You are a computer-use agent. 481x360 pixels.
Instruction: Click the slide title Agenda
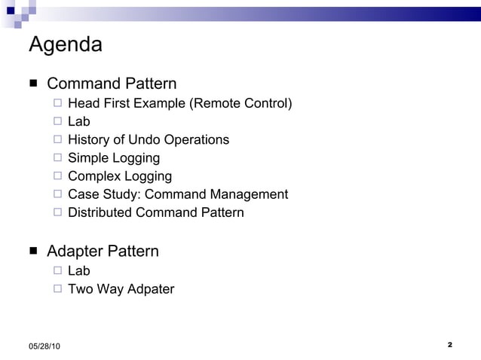[x=66, y=45]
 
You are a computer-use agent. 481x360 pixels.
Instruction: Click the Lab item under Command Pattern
[x=78, y=121]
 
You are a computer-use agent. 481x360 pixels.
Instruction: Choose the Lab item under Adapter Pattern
[x=78, y=270]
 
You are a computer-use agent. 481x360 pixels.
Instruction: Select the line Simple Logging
[x=114, y=158]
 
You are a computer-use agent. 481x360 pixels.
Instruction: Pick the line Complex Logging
[x=120, y=176]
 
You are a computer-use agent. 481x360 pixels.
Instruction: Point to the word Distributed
[x=100, y=212]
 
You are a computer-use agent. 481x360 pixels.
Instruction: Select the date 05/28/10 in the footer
[x=45, y=346]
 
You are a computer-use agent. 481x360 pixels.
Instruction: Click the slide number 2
[x=449, y=345]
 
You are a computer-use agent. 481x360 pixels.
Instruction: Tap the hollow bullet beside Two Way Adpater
[x=58, y=288]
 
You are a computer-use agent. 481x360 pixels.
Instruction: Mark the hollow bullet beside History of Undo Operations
[x=58, y=139]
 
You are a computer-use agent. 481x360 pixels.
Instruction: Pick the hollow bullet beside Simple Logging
[x=58, y=158]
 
